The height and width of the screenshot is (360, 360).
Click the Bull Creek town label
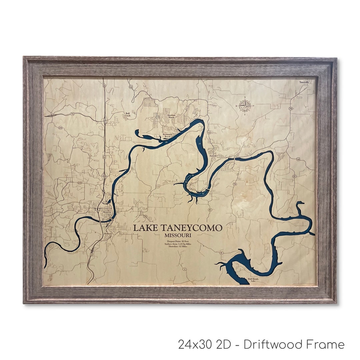pos(127,114)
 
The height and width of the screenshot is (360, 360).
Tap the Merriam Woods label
pos(171,116)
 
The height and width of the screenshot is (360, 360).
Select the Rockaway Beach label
pos(167,135)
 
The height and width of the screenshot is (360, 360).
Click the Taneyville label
pos(304,82)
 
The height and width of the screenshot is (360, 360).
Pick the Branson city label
pos(107,212)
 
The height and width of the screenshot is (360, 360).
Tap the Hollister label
pos(108,234)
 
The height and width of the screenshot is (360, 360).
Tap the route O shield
pos(294,176)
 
